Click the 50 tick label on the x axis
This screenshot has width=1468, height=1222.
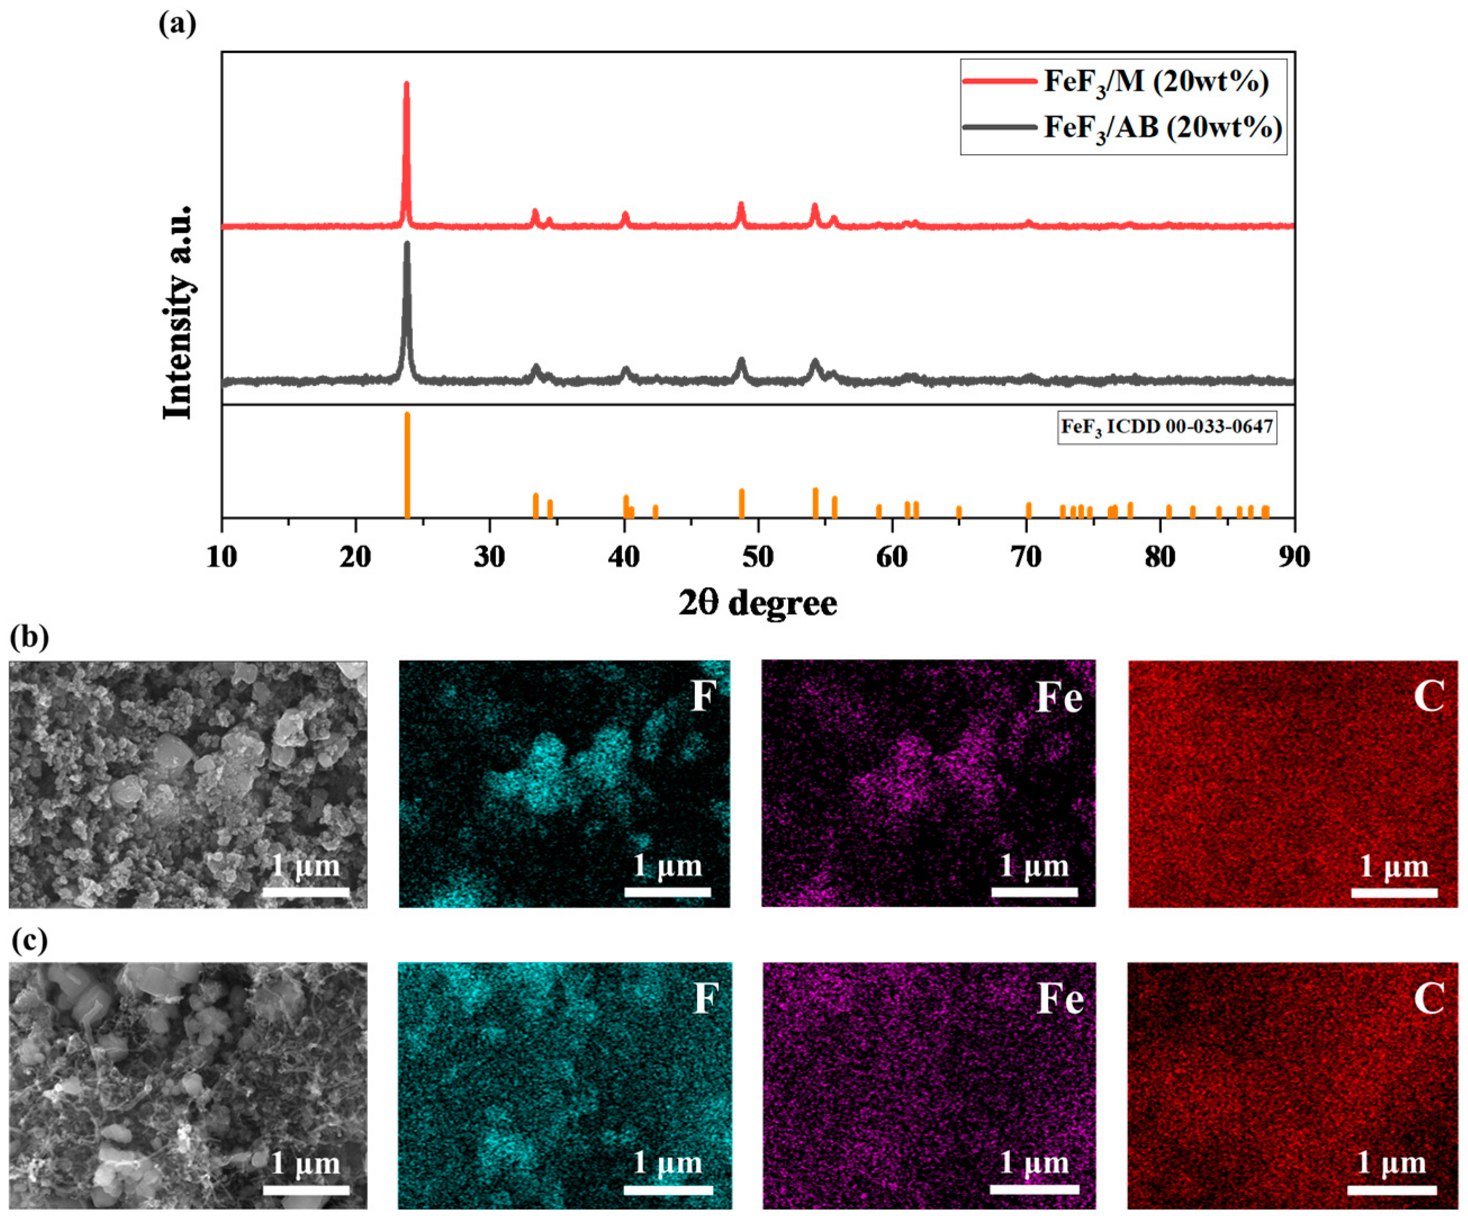pos(758,557)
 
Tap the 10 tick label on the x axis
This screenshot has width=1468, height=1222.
pos(222,557)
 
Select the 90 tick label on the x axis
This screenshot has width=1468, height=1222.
pos(1294,557)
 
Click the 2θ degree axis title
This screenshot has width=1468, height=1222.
pos(758,603)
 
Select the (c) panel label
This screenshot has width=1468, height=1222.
pos(30,940)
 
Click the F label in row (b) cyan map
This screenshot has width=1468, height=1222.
pos(704,696)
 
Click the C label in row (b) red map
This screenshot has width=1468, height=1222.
pos(1428,696)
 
